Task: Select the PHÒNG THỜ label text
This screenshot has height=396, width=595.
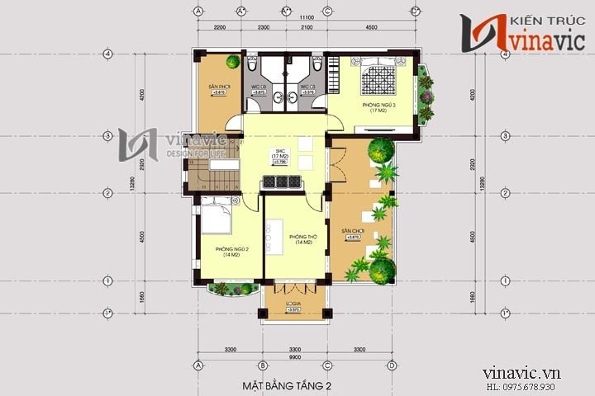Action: tap(300, 239)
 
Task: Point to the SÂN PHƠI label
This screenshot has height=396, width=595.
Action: tap(219, 86)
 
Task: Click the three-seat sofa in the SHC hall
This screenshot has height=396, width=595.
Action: tap(279, 183)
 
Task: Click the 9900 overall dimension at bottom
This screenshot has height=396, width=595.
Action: tap(295, 359)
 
